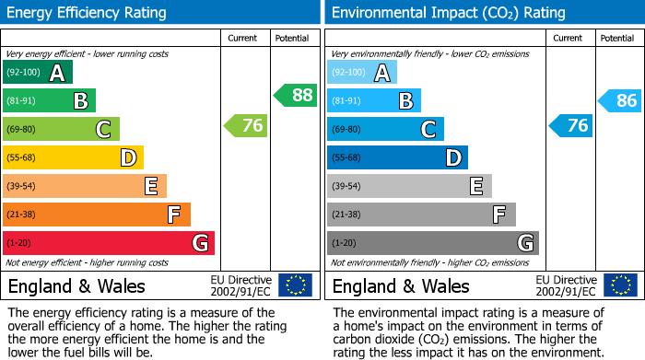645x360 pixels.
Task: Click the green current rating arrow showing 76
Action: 246,126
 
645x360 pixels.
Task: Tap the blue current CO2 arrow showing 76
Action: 571,126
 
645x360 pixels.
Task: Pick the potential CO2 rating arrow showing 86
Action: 620,101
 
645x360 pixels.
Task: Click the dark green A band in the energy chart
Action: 38,73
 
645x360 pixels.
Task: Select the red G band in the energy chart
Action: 109,243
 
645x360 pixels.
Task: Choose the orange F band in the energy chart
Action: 97,215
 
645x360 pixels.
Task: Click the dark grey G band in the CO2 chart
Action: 433,243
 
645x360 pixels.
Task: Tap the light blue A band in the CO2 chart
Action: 362,73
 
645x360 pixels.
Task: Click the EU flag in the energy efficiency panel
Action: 295,285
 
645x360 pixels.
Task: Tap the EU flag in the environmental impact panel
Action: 620,285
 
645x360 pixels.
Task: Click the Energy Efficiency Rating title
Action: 88,13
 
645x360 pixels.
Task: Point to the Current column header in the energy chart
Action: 244,38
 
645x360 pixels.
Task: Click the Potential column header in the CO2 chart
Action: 617,38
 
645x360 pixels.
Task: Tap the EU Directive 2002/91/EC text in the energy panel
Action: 241,285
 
